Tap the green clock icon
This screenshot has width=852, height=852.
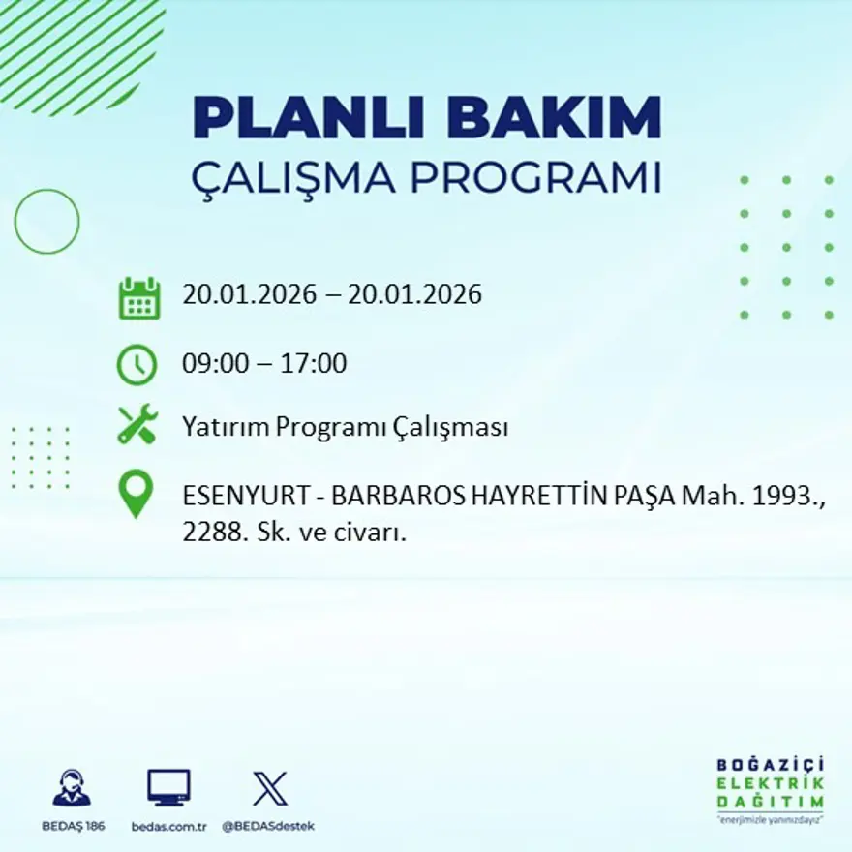tap(137, 365)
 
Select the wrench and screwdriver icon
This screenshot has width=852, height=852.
tap(137, 425)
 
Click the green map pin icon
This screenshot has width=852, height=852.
tap(136, 493)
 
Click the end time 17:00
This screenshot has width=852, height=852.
tap(314, 364)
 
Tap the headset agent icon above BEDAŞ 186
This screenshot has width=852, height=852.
tap(71, 788)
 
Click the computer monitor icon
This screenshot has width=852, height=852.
tap(168, 787)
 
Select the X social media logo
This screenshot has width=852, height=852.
tap(269, 788)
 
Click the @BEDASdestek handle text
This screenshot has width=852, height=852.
tap(268, 826)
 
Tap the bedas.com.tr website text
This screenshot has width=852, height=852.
tap(168, 826)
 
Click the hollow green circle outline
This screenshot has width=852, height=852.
tap(46, 222)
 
